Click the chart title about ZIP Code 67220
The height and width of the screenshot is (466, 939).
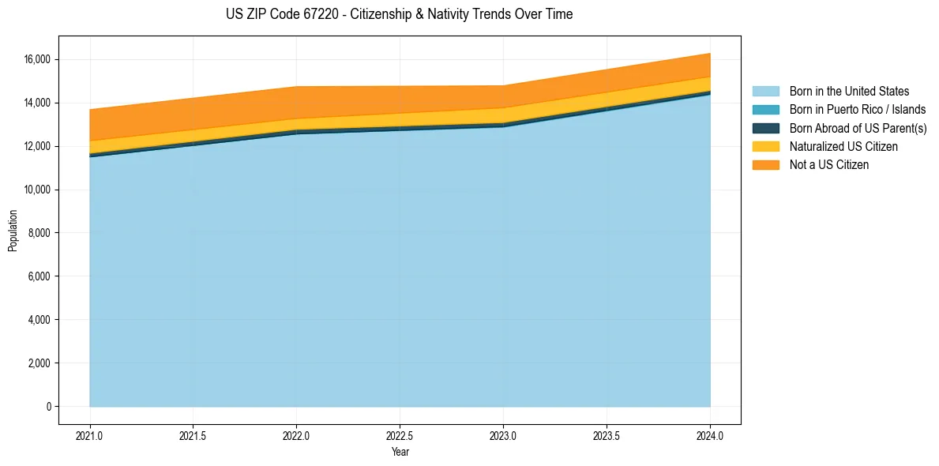tap(399, 14)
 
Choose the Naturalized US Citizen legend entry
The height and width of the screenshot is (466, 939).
tap(843, 146)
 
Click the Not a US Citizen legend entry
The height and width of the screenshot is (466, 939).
tap(829, 165)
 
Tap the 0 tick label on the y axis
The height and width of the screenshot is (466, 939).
tap(49, 407)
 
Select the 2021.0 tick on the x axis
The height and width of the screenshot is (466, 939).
tap(90, 435)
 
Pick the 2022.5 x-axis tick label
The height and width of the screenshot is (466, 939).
tap(400, 435)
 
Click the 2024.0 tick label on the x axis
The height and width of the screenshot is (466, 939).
tap(710, 435)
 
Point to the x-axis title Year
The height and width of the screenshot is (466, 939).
tap(400, 453)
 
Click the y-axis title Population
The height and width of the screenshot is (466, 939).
tap(13, 231)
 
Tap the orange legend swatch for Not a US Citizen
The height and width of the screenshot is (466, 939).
tap(765, 165)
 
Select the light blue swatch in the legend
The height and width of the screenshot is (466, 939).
tap(765, 92)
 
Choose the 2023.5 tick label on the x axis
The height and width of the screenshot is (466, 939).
tap(607, 435)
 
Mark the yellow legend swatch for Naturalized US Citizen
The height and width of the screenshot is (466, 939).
tap(765, 146)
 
